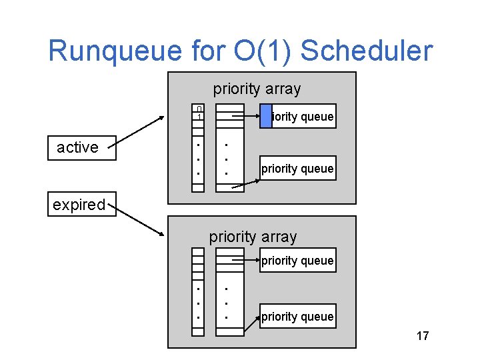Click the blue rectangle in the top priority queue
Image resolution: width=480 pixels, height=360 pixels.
pyautogui.click(x=265, y=116)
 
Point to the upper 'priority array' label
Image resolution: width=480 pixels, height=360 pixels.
pyautogui.click(x=257, y=89)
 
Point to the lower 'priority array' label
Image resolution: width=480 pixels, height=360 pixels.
pyautogui.click(x=253, y=237)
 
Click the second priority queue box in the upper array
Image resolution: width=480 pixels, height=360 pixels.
pyautogui.click(x=297, y=169)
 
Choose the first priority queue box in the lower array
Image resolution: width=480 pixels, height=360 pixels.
pyautogui.click(x=297, y=261)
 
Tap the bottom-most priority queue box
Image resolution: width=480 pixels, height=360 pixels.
pyautogui.click(x=297, y=317)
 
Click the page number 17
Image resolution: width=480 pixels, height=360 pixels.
pyautogui.click(x=422, y=336)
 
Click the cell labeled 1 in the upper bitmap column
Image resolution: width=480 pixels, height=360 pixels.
pyautogui.click(x=199, y=117)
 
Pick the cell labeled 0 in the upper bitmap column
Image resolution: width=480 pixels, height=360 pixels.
pyautogui.click(x=199, y=109)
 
